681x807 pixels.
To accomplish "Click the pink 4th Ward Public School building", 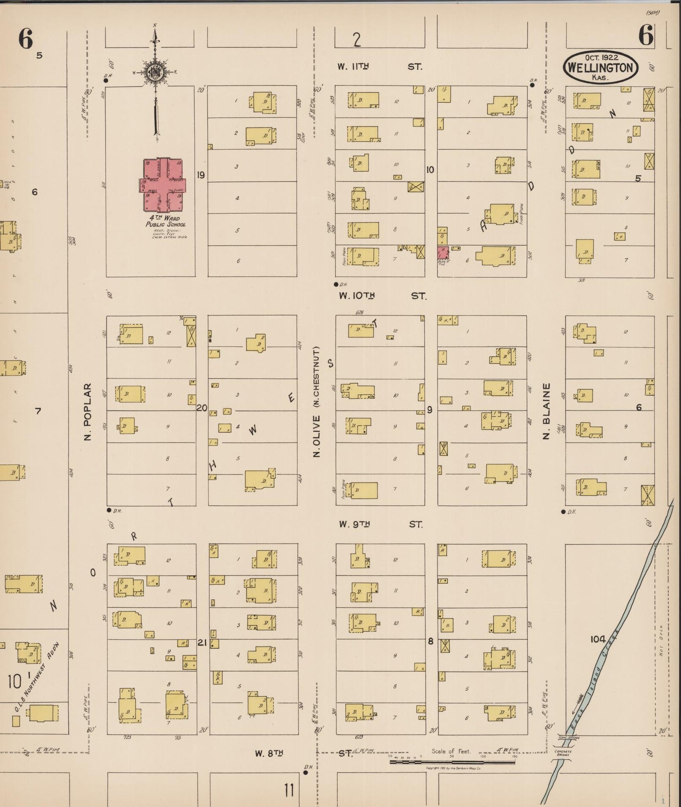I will [163, 185].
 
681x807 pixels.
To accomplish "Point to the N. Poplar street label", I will [88, 412].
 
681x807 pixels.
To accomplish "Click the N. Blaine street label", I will [546, 411].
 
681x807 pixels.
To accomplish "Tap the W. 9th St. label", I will [381, 524].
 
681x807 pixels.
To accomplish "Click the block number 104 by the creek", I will [598, 639].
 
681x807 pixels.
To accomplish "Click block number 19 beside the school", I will [201, 175].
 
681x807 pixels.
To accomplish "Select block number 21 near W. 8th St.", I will [202, 642].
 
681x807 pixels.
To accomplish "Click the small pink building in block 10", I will [442, 252].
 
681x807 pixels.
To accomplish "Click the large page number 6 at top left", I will [25, 39].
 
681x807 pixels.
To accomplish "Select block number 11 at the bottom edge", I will [289, 790].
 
